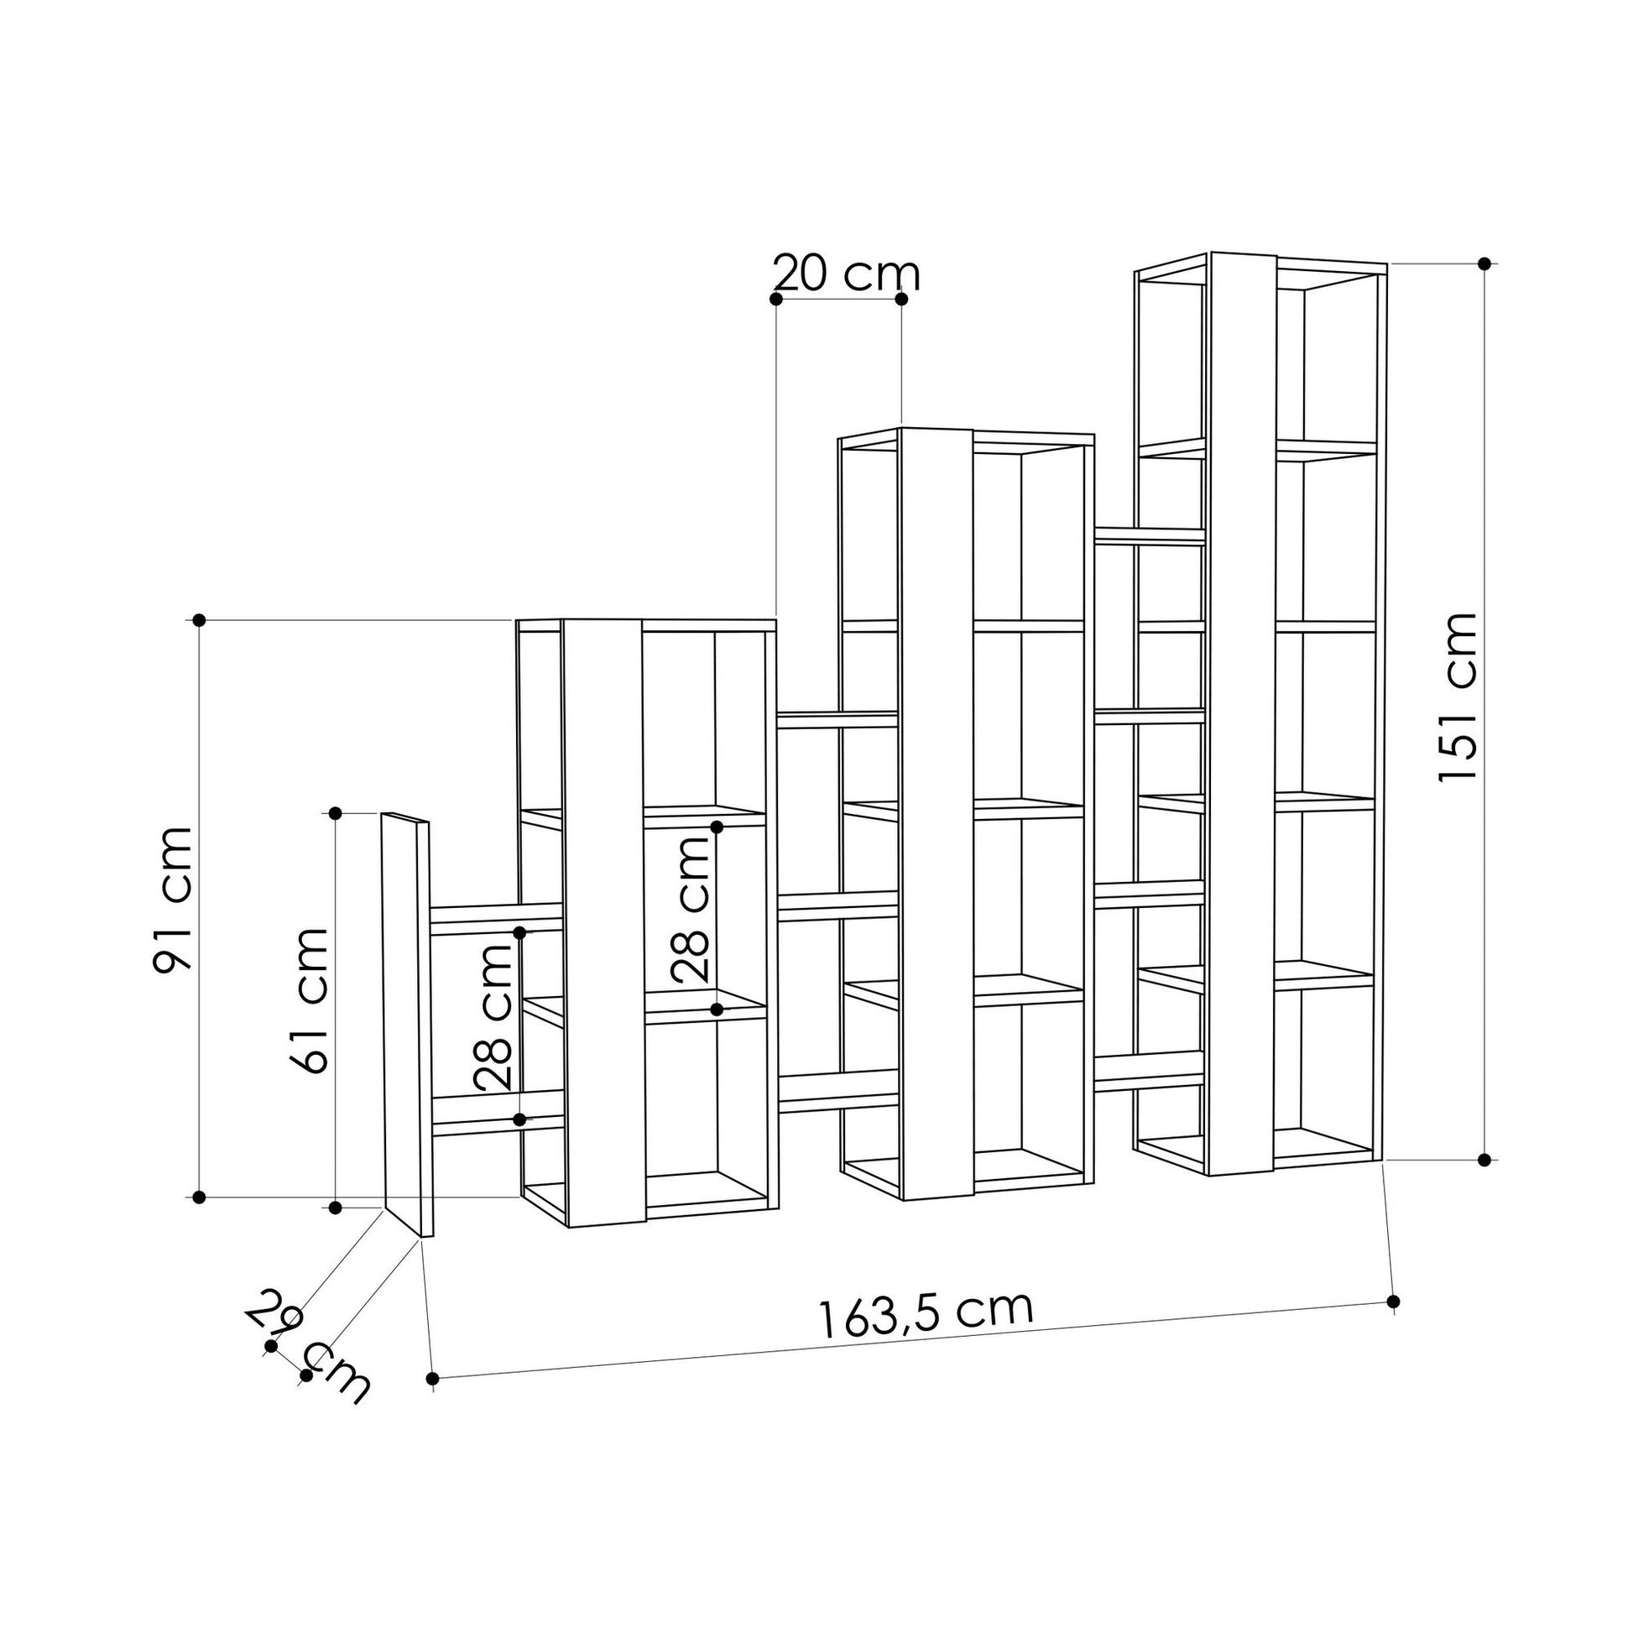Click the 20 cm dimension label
pyautogui.click(x=846, y=273)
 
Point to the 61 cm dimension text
pyautogui.click(x=307, y=1001)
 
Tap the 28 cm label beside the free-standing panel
pyautogui.click(x=493, y=1017)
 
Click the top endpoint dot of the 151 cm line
pyautogui.click(x=1484, y=263)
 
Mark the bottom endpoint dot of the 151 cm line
pyautogui.click(x=1484, y=1160)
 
